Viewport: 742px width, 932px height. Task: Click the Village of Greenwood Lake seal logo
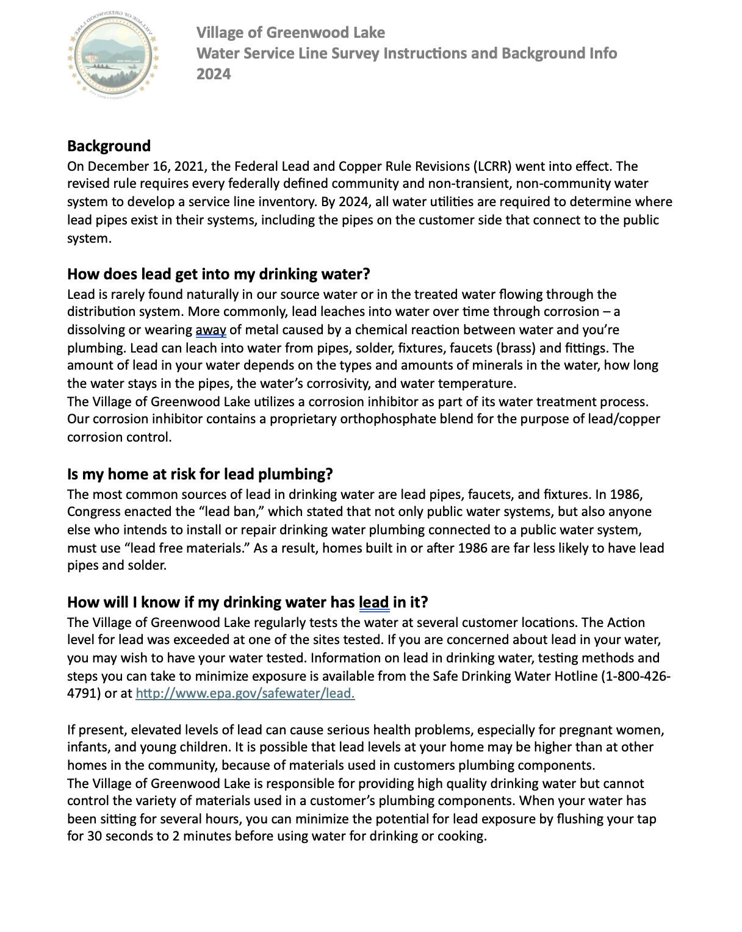113,54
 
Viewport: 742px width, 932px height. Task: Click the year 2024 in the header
214,74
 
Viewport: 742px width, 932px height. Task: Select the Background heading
109,146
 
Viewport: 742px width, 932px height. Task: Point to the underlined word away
211,330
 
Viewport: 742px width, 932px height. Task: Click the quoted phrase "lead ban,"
236,511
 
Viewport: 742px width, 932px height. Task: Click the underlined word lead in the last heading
373,602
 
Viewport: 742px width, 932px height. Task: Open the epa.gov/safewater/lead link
245,694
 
